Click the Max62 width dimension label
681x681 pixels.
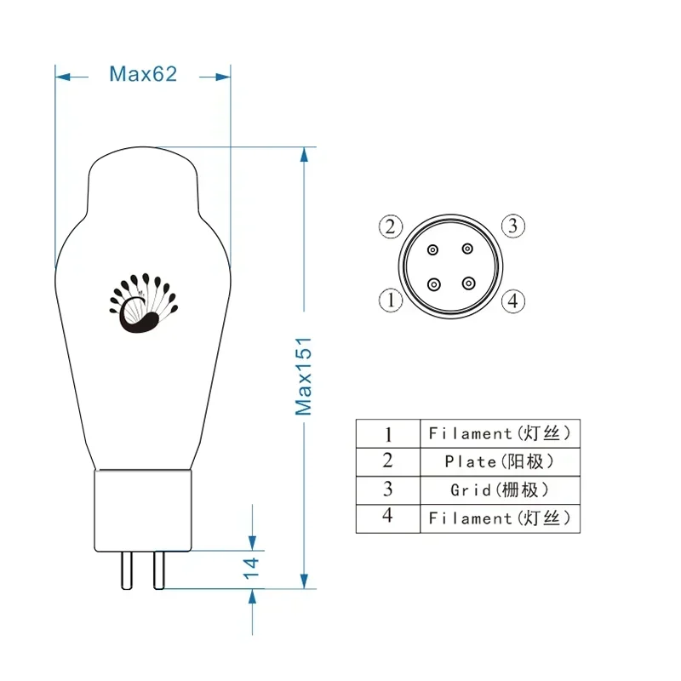click(142, 74)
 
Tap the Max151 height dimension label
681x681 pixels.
click(304, 375)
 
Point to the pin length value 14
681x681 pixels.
click(252, 565)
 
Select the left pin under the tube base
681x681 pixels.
click(126, 569)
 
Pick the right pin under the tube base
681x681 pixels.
click(158, 569)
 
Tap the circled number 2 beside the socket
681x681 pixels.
click(390, 226)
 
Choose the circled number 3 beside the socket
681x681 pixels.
click(512, 226)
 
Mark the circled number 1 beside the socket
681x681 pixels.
click(390, 300)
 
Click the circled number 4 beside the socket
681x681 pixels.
click(512, 300)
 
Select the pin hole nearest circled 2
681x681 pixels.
click(433, 249)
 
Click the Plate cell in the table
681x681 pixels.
click(500, 461)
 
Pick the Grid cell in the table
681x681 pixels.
click(500, 489)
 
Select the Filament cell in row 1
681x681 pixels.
click(500, 433)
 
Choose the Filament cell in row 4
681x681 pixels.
click(500, 518)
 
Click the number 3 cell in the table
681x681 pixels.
click(388, 489)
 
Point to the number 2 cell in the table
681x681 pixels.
click(388, 461)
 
